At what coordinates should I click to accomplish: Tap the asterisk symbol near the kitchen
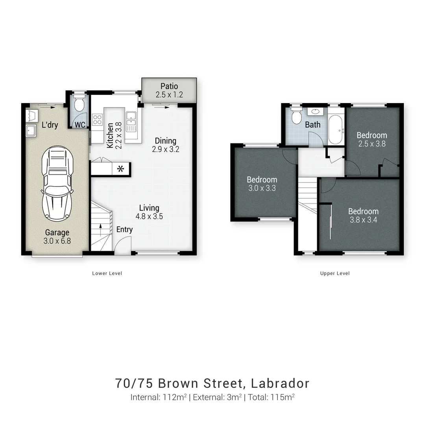click(121, 169)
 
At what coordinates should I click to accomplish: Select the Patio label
click(169, 86)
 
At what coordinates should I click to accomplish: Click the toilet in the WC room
click(79, 104)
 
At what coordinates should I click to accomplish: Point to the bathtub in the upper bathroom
click(336, 130)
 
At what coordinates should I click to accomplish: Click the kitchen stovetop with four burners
click(97, 120)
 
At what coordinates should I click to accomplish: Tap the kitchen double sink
click(131, 121)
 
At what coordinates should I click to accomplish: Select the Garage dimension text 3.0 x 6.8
click(57, 241)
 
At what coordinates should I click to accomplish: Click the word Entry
click(124, 229)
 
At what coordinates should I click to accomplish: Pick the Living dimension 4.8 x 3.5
click(149, 216)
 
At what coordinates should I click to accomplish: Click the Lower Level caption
click(107, 273)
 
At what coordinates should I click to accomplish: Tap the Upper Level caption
click(335, 273)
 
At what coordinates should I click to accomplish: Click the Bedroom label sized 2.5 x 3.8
click(371, 135)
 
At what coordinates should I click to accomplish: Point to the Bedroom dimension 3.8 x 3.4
click(363, 220)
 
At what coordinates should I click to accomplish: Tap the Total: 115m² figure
click(271, 397)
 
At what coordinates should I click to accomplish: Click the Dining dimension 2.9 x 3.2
click(165, 149)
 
